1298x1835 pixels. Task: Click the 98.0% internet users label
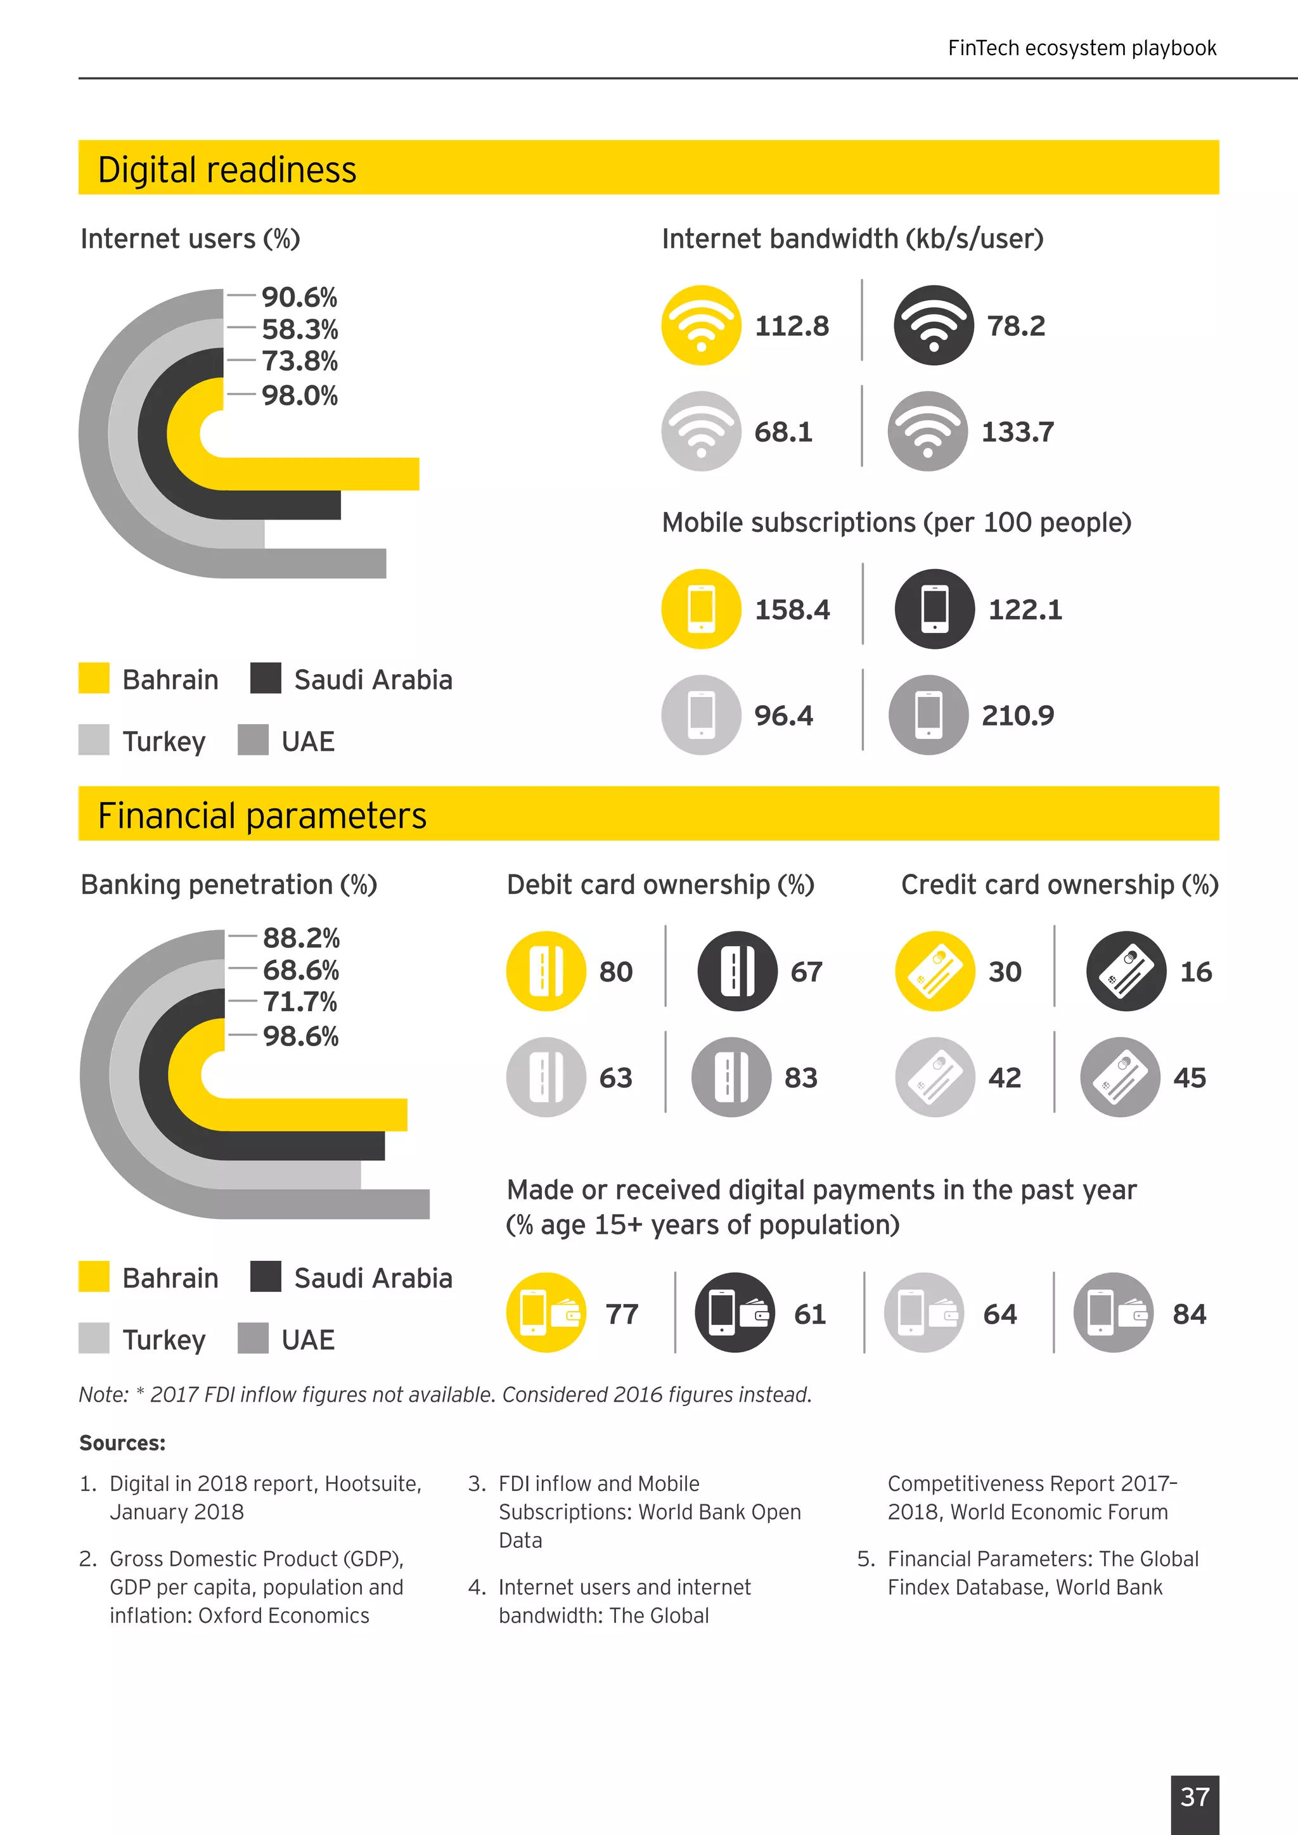click(299, 395)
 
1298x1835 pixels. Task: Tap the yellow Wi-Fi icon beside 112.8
click(701, 325)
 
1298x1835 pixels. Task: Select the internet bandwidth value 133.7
click(1017, 432)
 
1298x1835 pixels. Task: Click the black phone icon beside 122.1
click(934, 609)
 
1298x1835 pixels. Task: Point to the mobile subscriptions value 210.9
click(1017, 715)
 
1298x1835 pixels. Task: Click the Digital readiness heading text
click(227, 169)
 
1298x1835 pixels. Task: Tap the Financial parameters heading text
click(262, 815)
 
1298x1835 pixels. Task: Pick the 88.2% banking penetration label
click(300, 938)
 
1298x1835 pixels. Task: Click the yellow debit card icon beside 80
click(546, 971)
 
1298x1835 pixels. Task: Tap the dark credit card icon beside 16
click(1126, 971)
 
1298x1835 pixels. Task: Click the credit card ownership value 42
click(1004, 1077)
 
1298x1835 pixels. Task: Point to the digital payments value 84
click(1188, 1314)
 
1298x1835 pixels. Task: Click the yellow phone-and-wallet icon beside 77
click(546, 1312)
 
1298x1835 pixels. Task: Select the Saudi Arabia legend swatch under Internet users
click(266, 678)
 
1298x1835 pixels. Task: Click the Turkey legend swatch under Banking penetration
click(94, 1338)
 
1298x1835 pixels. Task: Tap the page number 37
click(1194, 1796)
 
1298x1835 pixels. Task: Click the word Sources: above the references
click(122, 1443)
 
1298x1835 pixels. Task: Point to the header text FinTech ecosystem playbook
click(1081, 48)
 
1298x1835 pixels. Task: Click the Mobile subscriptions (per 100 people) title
click(896, 522)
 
